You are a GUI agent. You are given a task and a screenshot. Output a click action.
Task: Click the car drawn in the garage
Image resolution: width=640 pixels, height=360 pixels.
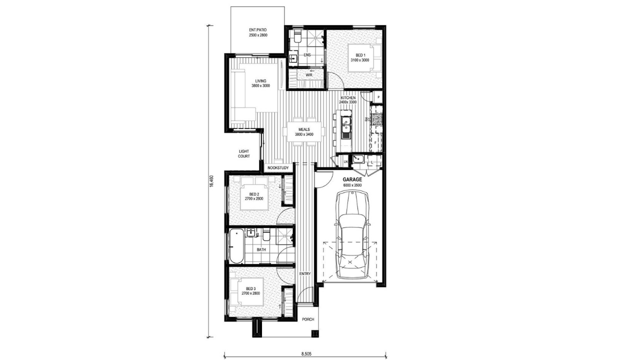352,235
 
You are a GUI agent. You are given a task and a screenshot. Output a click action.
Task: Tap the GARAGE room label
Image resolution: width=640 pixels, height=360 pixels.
352,179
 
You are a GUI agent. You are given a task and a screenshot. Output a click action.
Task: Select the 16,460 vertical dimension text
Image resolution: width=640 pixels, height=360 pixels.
211,181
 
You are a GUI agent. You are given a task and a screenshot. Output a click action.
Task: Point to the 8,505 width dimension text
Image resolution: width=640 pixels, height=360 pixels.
305,353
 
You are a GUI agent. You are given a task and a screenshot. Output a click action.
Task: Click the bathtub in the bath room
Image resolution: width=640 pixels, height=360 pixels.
236,246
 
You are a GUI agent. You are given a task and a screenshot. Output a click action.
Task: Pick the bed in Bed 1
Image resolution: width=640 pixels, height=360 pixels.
364,58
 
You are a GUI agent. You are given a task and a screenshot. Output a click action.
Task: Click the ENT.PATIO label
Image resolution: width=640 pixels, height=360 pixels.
257,29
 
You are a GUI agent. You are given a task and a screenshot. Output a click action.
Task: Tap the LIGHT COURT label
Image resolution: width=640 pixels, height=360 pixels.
243,153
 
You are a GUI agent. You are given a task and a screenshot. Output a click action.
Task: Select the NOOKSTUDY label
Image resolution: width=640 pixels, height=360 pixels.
278,167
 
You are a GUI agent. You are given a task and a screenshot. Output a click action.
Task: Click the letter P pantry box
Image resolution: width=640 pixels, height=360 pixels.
378,97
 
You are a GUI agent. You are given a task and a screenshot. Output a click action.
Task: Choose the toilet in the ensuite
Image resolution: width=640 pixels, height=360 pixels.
297,36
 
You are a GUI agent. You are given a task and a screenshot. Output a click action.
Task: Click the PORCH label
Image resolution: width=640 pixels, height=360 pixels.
308,319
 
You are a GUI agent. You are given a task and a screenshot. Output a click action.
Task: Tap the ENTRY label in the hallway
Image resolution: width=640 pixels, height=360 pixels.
305,273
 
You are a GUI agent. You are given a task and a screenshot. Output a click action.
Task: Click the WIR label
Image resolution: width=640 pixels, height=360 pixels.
309,75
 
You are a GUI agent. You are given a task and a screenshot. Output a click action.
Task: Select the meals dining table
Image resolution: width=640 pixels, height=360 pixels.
304,131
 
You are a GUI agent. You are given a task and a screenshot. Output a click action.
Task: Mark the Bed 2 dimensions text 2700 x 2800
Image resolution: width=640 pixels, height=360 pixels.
254,198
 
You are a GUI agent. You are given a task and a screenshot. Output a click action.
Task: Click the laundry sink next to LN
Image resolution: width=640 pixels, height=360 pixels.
357,159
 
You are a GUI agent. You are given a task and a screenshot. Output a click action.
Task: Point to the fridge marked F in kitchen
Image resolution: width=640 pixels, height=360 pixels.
376,142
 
